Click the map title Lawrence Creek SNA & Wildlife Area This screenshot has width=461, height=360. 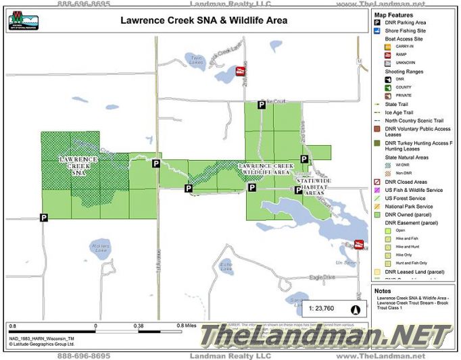pos(203,20)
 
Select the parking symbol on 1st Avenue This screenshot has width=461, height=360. pos(156,163)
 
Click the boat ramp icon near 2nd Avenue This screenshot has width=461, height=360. pos(238,71)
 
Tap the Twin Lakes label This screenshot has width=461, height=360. pos(196,59)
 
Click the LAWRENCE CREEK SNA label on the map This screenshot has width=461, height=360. pos(78,165)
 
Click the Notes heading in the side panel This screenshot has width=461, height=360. pos(383,291)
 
